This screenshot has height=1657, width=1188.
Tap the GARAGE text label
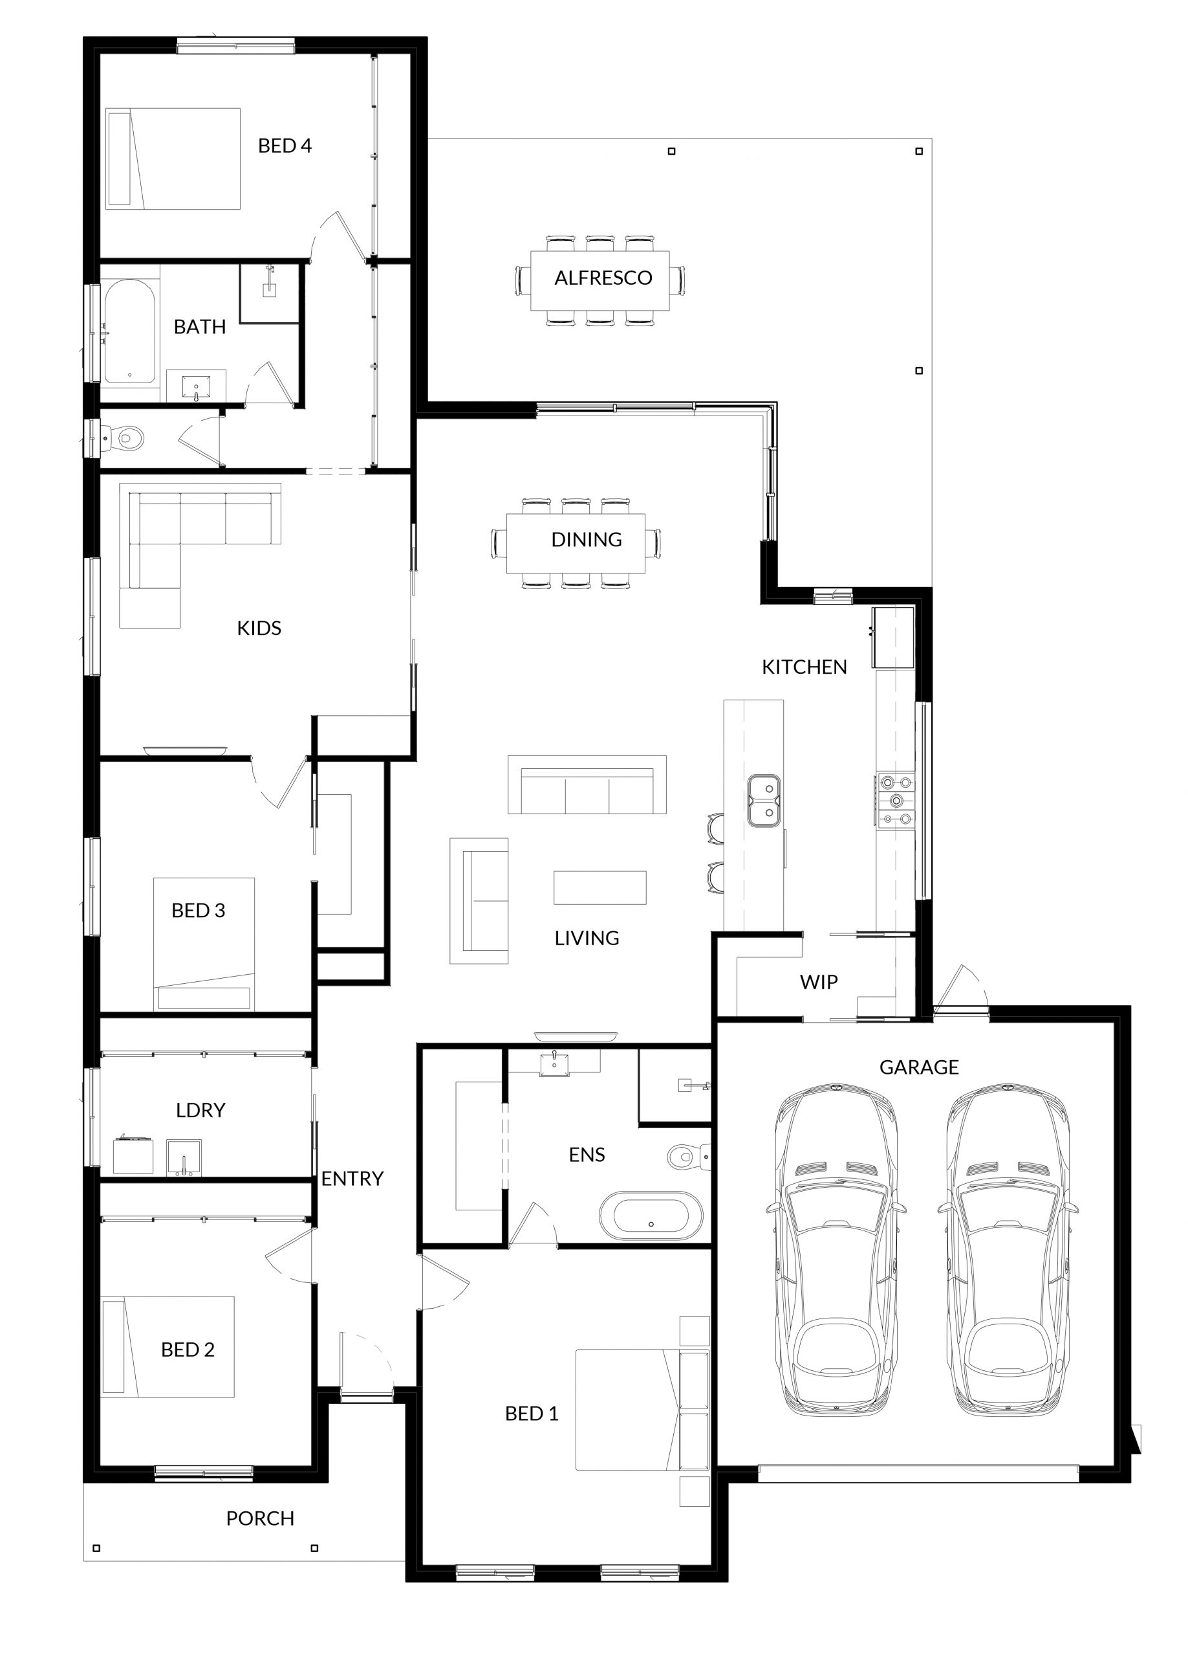pyautogui.click(x=918, y=1067)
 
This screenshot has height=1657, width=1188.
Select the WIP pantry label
pyautogui.click(x=818, y=982)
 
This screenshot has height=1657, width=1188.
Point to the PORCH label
pyautogui.click(x=260, y=1518)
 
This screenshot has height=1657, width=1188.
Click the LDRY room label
pyautogui.click(x=200, y=1110)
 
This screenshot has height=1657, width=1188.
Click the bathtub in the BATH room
pyautogui.click(x=129, y=331)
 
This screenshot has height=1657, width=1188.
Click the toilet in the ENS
pyautogui.click(x=689, y=1157)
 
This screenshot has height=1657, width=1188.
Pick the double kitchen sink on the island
pyautogui.click(x=763, y=801)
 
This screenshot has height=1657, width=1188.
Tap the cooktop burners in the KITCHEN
pyautogui.click(x=895, y=800)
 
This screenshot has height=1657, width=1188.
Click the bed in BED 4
pyautogui.click(x=173, y=159)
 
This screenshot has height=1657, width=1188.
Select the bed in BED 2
pyautogui.click(x=168, y=1346)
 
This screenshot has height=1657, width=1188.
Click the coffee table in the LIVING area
pyautogui.click(x=599, y=887)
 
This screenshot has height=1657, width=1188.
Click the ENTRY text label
pyautogui.click(x=352, y=1179)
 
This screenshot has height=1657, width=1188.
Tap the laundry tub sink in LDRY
pyautogui.click(x=184, y=1157)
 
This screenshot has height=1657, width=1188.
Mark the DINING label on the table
pyautogui.click(x=587, y=539)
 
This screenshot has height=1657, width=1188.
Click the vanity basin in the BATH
pyautogui.click(x=196, y=385)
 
